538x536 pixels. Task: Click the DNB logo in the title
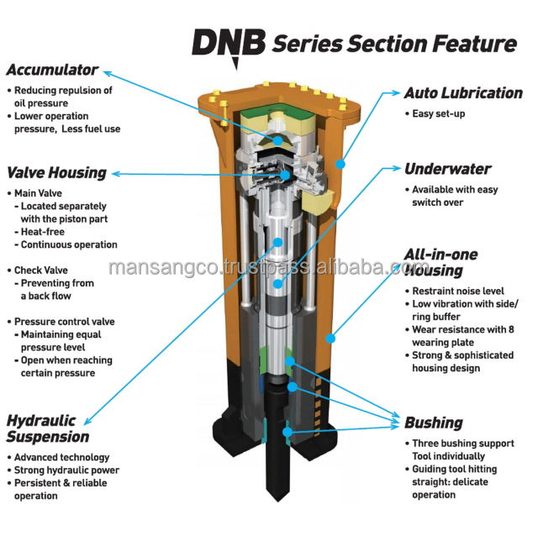(x=228, y=42)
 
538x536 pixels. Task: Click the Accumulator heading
(x=52, y=70)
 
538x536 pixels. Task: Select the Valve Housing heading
(x=57, y=173)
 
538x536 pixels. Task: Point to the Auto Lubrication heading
(x=463, y=93)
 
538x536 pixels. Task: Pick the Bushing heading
(x=433, y=423)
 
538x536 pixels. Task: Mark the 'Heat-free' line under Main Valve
(x=49, y=232)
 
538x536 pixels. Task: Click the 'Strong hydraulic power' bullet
(x=66, y=470)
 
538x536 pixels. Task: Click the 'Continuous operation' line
(x=69, y=244)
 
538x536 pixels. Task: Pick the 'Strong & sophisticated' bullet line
(x=462, y=355)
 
